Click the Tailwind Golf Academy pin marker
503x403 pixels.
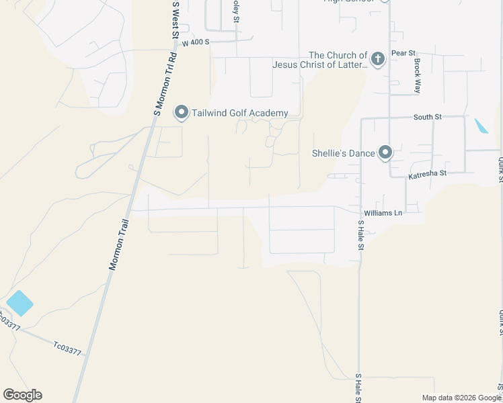[181, 113]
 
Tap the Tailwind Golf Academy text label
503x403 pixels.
[239, 114]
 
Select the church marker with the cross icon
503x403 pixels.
[378, 59]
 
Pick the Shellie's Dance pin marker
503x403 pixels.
[385, 153]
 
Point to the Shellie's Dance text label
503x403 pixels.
[343, 153]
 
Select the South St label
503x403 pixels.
[427, 117]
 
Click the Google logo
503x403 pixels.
[22, 395]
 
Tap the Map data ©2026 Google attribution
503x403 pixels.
[461, 398]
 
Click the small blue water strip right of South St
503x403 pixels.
[481, 126]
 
